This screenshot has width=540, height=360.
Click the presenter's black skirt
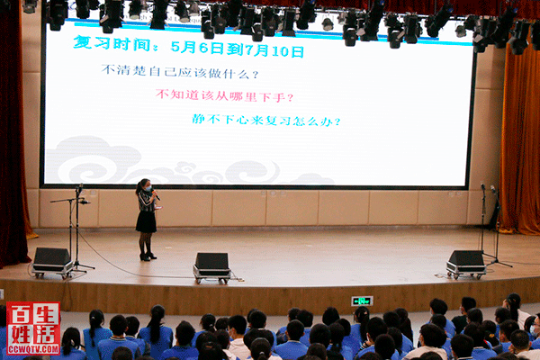pos(146,221)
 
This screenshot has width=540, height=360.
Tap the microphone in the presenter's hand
pos(156,194)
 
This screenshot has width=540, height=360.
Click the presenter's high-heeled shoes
pos(148,256)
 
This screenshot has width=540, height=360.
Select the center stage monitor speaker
pos(211,268)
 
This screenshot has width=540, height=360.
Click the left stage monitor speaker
pos(52,263)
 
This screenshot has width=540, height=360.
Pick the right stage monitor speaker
pos(466,265)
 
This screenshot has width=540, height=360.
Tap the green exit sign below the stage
pos(362,301)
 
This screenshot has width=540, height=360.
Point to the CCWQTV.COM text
pos(33,350)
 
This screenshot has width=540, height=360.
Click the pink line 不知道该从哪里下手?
pos(224,95)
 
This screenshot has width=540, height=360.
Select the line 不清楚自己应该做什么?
pos(180,71)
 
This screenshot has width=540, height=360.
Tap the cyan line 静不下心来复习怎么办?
pos(266,120)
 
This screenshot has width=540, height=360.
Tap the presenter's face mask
pos(148,188)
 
